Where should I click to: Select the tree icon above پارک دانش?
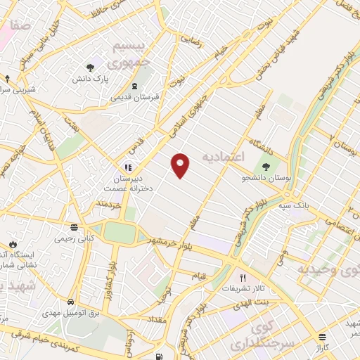[90, 68]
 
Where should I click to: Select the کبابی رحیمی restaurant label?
[74, 238]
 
